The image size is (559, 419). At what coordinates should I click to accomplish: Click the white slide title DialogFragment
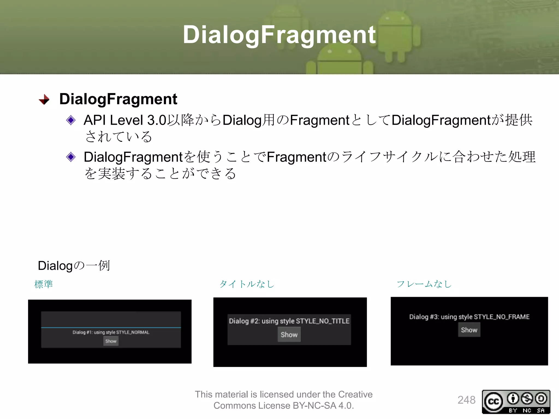[279, 35]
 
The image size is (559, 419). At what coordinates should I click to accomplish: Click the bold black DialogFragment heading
[118, 99]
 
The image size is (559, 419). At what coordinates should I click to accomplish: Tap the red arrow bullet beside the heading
[44, 100]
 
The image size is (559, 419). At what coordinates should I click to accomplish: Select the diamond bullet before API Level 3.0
[71, 120]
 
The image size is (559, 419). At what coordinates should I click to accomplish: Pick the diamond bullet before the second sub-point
[71, 157]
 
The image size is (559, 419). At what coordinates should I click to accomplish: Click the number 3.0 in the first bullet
[157, 120]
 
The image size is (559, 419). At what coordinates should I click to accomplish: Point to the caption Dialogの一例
[74, 265]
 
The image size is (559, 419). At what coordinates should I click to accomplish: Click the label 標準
[43, 284]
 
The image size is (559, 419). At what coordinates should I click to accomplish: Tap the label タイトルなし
[247, 284]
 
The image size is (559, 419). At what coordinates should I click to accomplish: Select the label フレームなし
[424, 284]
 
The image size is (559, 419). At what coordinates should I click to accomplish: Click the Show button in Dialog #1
[111, 341]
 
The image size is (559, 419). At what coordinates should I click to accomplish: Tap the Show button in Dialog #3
[469, 330]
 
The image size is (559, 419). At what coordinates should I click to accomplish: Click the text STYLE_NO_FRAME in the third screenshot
[502, 317]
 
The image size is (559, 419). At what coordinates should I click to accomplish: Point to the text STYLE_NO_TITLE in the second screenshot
[323, 321]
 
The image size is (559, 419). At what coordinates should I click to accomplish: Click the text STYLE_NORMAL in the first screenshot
[133, 332]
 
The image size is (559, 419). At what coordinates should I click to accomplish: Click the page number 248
[466, 400]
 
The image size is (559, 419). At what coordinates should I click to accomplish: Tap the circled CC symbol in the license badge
[493, 401]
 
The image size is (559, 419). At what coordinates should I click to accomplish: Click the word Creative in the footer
[355, 394]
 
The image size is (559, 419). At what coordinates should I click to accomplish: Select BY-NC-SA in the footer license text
[314, 406]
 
